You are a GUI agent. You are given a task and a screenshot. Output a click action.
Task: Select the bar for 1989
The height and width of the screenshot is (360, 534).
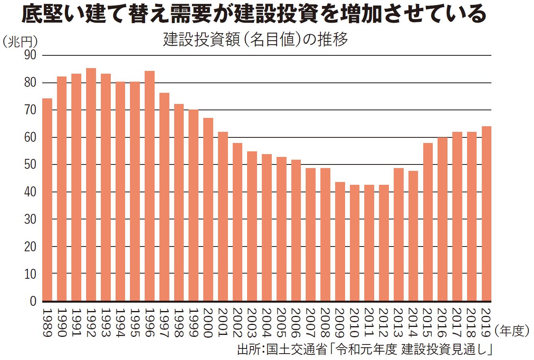click(x=47, y=200)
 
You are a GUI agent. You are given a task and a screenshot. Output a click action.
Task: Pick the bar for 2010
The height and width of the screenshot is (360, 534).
click(x=355, y=243)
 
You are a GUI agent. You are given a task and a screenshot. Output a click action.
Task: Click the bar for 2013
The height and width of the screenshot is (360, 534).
click(x=399, y=235)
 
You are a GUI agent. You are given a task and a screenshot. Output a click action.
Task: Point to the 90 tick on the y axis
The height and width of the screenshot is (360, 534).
click(x=30, y=55)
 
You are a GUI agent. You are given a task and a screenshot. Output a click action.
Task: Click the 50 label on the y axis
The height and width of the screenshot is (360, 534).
click(x=30, y=165)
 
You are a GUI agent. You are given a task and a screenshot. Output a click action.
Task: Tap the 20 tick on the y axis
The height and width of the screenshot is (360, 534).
click(x=30, y=247)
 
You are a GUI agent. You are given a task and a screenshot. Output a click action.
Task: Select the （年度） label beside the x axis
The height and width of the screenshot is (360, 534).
click(x=512, y=331)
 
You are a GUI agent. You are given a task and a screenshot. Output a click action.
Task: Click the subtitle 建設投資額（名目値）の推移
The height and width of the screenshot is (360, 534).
click(x=255, y=40)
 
